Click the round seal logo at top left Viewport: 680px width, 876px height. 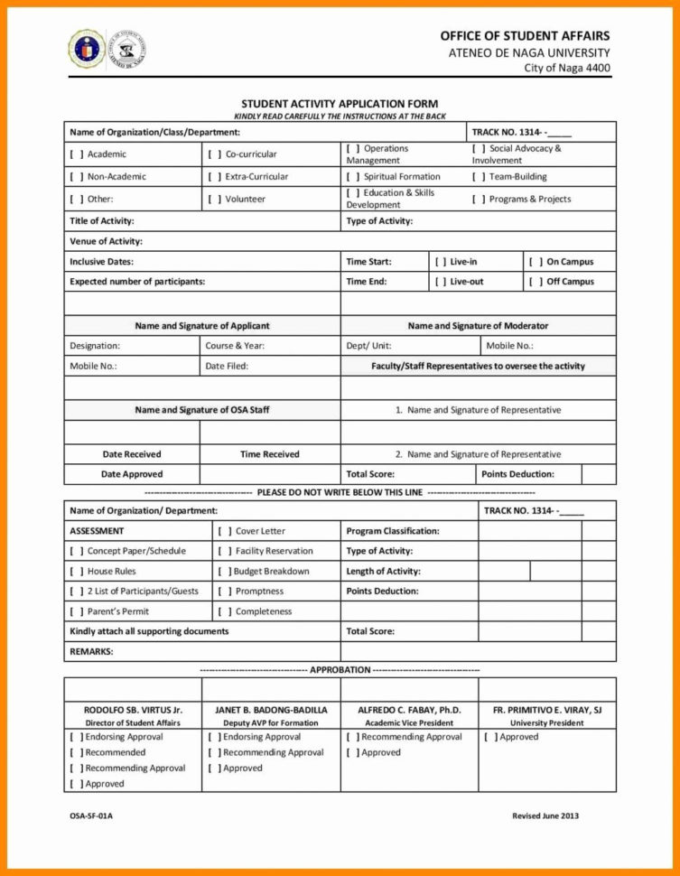(x=86, y=48)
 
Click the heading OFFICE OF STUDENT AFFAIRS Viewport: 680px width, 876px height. (x=525, y=35)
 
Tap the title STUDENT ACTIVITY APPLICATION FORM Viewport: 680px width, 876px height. (x=340, y=104)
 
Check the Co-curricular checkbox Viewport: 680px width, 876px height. (x=215, y=154)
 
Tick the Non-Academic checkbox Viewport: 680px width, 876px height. (x=77, y=177)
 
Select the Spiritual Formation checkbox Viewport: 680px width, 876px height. (x=353, y=177)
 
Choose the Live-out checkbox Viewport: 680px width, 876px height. (x=440, y=282)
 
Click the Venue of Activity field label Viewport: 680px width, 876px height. (x=107, y=241)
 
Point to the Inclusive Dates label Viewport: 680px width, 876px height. (x=101, y=262)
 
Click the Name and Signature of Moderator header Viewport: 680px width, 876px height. (x=478, y=326)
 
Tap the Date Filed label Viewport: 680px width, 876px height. (x=227, y=366)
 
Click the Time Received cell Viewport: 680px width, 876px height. (x=269, y=454)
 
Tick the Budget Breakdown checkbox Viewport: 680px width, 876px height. (x=222, y=572)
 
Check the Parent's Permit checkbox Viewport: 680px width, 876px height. (x=77, y=611)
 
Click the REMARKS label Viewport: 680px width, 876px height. (x=91, y=651)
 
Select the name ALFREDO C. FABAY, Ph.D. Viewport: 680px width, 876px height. (x=409, y=710)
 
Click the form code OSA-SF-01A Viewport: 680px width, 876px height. (x=91, y=816)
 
